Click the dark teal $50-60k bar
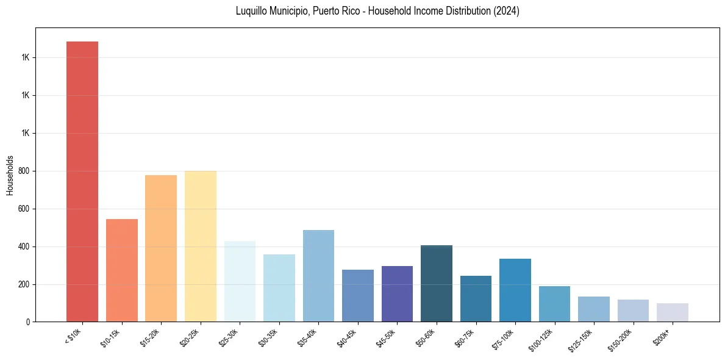point(437,283)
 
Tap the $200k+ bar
point(673,312)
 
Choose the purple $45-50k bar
point(397,293)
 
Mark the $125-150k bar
point(594,309)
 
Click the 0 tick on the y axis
point(28,322)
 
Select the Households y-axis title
point(10,175)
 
